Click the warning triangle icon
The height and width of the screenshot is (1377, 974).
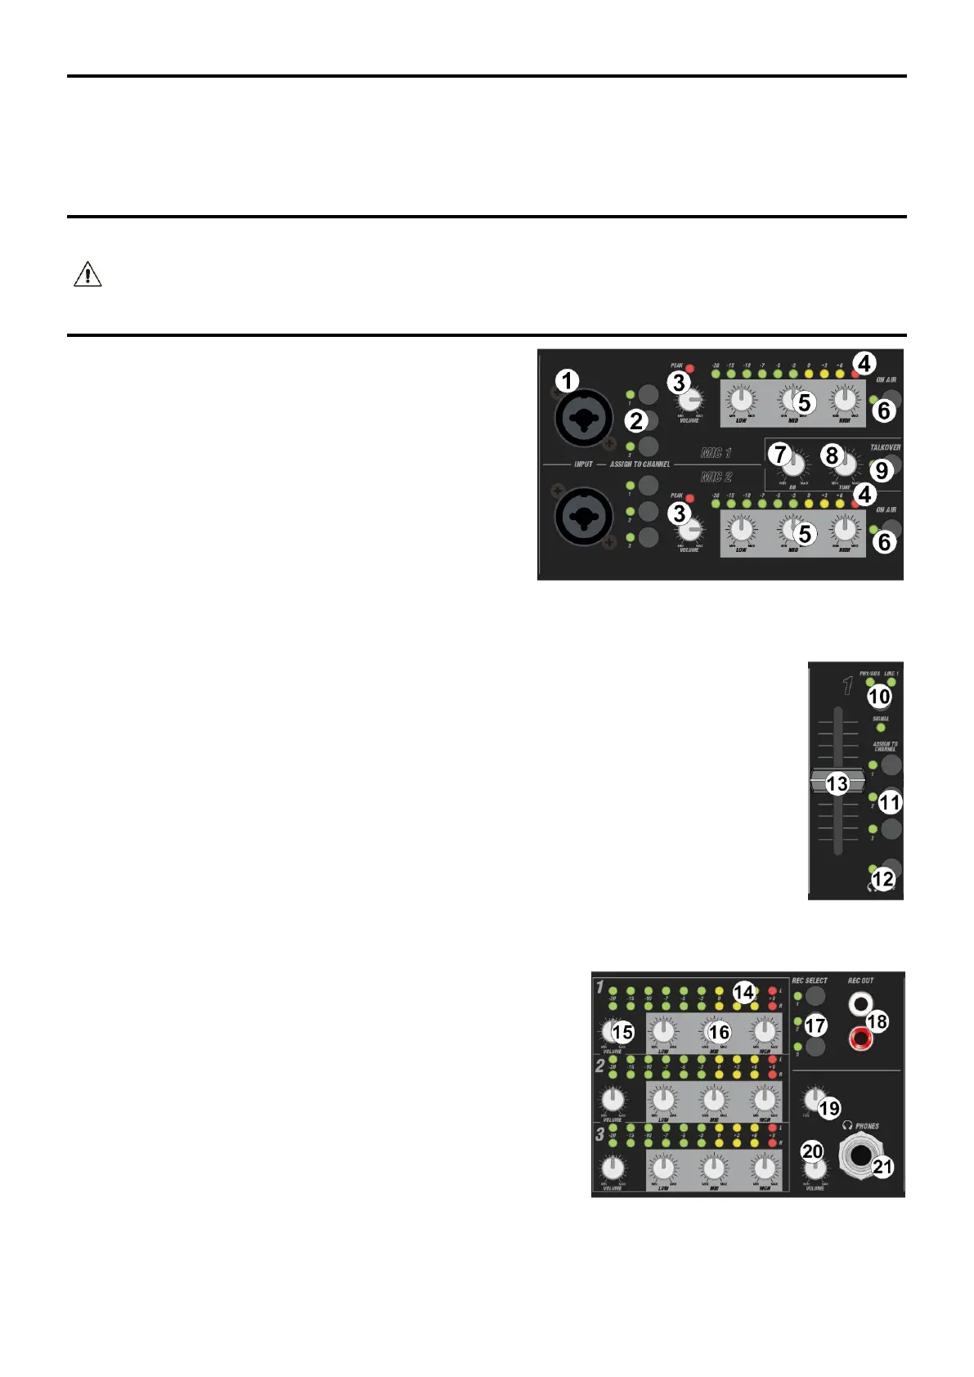[88, 274]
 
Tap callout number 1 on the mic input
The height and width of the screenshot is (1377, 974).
[567, 381]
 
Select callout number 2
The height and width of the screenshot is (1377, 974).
[636, 421]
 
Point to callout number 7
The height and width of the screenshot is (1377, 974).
[781, 454]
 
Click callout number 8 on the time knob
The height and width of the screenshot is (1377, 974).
[832, 455]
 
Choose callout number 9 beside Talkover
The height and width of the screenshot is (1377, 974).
[881, 470]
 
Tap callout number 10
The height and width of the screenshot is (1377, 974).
[878, 696]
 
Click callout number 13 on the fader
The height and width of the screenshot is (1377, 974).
[837, 783]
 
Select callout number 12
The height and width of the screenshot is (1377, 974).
[883, 879]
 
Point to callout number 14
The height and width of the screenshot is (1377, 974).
[743, 992]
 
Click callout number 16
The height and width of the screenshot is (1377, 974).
[719, 1032]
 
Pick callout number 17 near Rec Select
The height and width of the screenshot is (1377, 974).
[815, 1025]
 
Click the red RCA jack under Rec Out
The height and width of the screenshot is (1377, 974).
[860, 1039]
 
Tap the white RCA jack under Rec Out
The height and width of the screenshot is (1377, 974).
[860, 1003]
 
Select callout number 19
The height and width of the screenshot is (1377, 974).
[829, 1108]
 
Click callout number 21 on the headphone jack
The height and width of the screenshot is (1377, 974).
[882, 1166]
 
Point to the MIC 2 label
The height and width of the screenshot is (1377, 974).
[716, 477]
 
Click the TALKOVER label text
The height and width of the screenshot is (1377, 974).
[885, 447]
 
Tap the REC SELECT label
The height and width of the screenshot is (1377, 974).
[810, 980]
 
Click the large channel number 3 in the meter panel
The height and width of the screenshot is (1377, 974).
[599, 1134]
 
